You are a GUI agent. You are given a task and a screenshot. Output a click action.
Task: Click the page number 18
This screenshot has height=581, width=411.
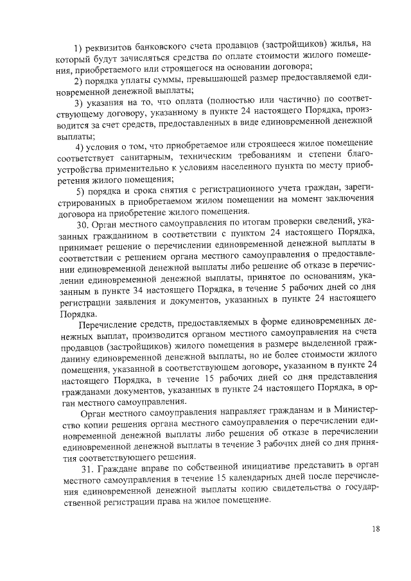374,528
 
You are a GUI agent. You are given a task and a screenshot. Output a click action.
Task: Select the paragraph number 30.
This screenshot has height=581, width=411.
82,225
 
